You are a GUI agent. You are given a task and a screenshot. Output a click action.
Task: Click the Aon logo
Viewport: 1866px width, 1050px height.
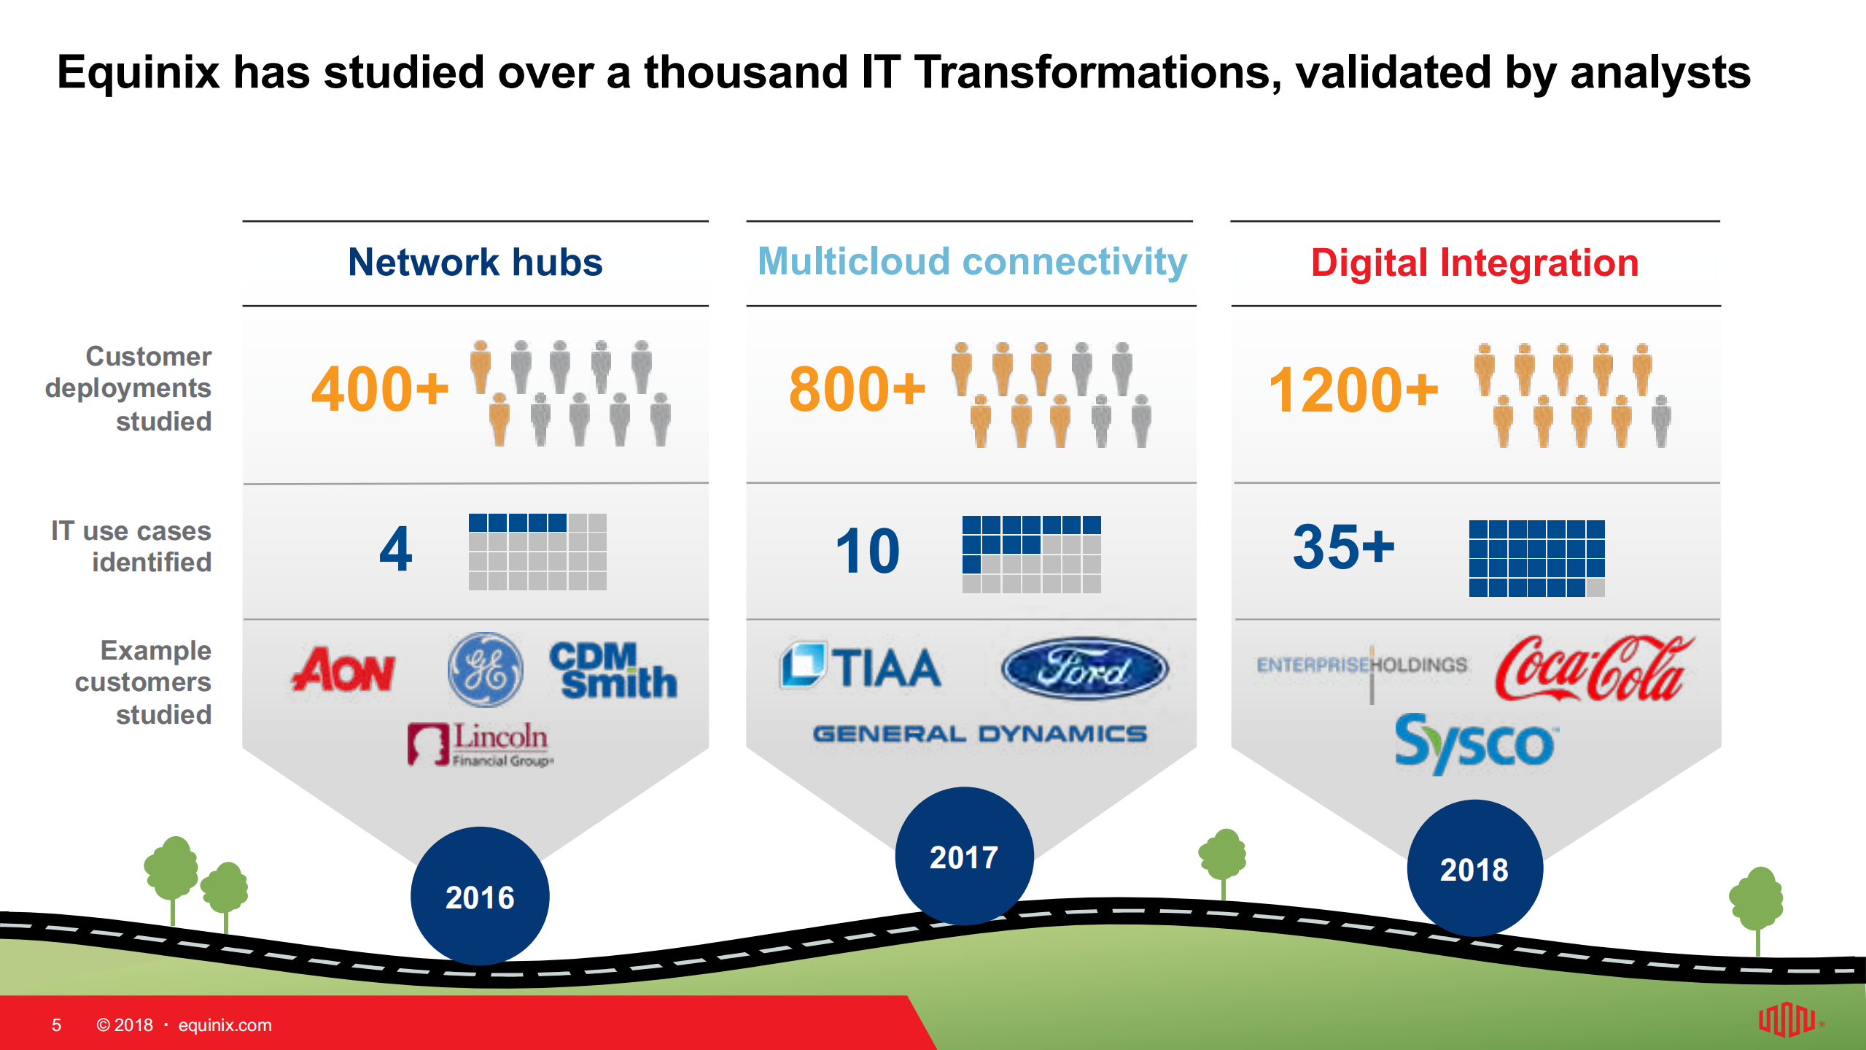pyautogui.click(x=343, y=669)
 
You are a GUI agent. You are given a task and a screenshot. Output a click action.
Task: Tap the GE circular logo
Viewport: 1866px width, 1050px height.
pyautogui.click(x=485, y=669)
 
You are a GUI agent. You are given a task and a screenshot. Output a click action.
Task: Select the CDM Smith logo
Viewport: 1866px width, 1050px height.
pyautogui.click(x=613, y=670)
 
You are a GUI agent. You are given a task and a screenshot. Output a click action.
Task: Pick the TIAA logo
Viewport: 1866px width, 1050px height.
pyautogui.click(x=861, y=666)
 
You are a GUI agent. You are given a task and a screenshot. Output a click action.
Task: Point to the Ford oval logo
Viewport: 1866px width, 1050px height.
pyautogui.click(x=1084, y=668)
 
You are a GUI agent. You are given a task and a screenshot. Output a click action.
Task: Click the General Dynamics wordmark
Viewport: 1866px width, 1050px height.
pyautogui.click(x=979, y=733)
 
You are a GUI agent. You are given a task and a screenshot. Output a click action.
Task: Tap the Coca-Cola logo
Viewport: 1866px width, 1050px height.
pyautogui.click(x=1593, y=668)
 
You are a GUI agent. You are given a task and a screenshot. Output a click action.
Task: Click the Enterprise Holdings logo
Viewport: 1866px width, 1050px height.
pyautogui.click(x=1361, y=665)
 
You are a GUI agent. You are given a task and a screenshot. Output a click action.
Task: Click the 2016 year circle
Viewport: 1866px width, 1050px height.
pyautogui.click(x=480, y=897)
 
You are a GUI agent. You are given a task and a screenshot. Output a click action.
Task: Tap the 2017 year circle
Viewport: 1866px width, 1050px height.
pyautogui.click(x=964, y=857)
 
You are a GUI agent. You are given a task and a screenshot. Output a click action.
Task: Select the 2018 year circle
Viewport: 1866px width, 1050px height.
pyautogui.click(x=1474, y=869)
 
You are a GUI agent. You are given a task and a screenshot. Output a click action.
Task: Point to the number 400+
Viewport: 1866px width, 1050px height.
pyautogui.click(x=380, y=389)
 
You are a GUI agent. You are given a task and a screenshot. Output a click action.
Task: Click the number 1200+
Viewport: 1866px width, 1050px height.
pyautogui.click(x=1353, y=390)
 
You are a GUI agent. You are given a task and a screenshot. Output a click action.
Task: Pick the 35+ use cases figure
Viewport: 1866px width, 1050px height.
pyautogui.click(x=1343, y=547)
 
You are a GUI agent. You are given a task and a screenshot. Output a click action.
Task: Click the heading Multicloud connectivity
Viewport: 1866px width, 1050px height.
pyautogui.click(x=972, y=261)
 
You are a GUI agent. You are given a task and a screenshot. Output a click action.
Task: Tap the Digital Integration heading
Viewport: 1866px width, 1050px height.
pyautogui.click(x=1474, y=263)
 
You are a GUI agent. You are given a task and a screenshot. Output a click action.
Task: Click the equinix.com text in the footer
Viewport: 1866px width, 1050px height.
pyautogui.click(x=225, y=1025)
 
